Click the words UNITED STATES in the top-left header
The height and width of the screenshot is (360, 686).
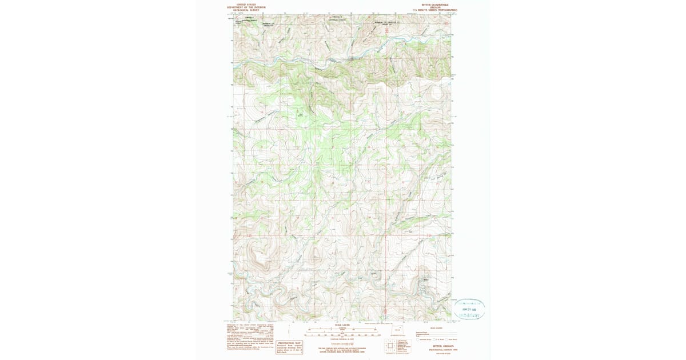(x=242, y=3)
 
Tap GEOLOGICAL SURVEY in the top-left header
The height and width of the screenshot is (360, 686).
(x=242, y=10)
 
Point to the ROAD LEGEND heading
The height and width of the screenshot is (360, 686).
(x=436, y=328)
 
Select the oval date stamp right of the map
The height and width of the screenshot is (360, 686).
(x=469, y=309)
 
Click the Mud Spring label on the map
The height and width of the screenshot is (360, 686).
(x=300, y=114)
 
